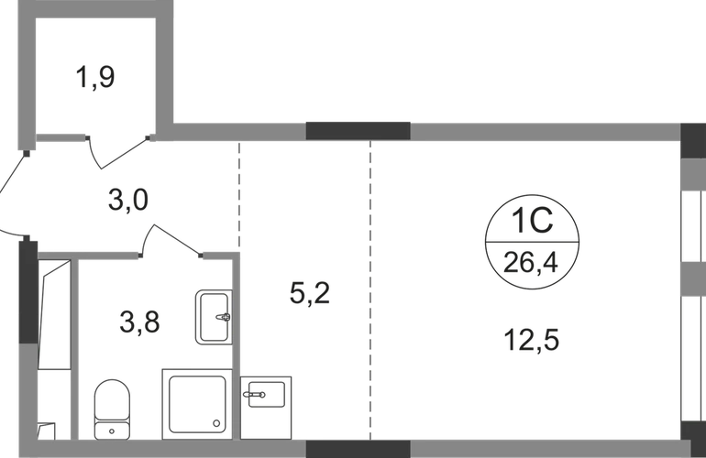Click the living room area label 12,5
(530, 341)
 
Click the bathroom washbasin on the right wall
(211, 317)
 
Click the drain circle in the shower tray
(215, 422)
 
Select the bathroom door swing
(171, 240)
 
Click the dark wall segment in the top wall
(357, 129)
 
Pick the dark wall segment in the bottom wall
(357, 449)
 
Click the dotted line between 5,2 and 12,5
(370, 293)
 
